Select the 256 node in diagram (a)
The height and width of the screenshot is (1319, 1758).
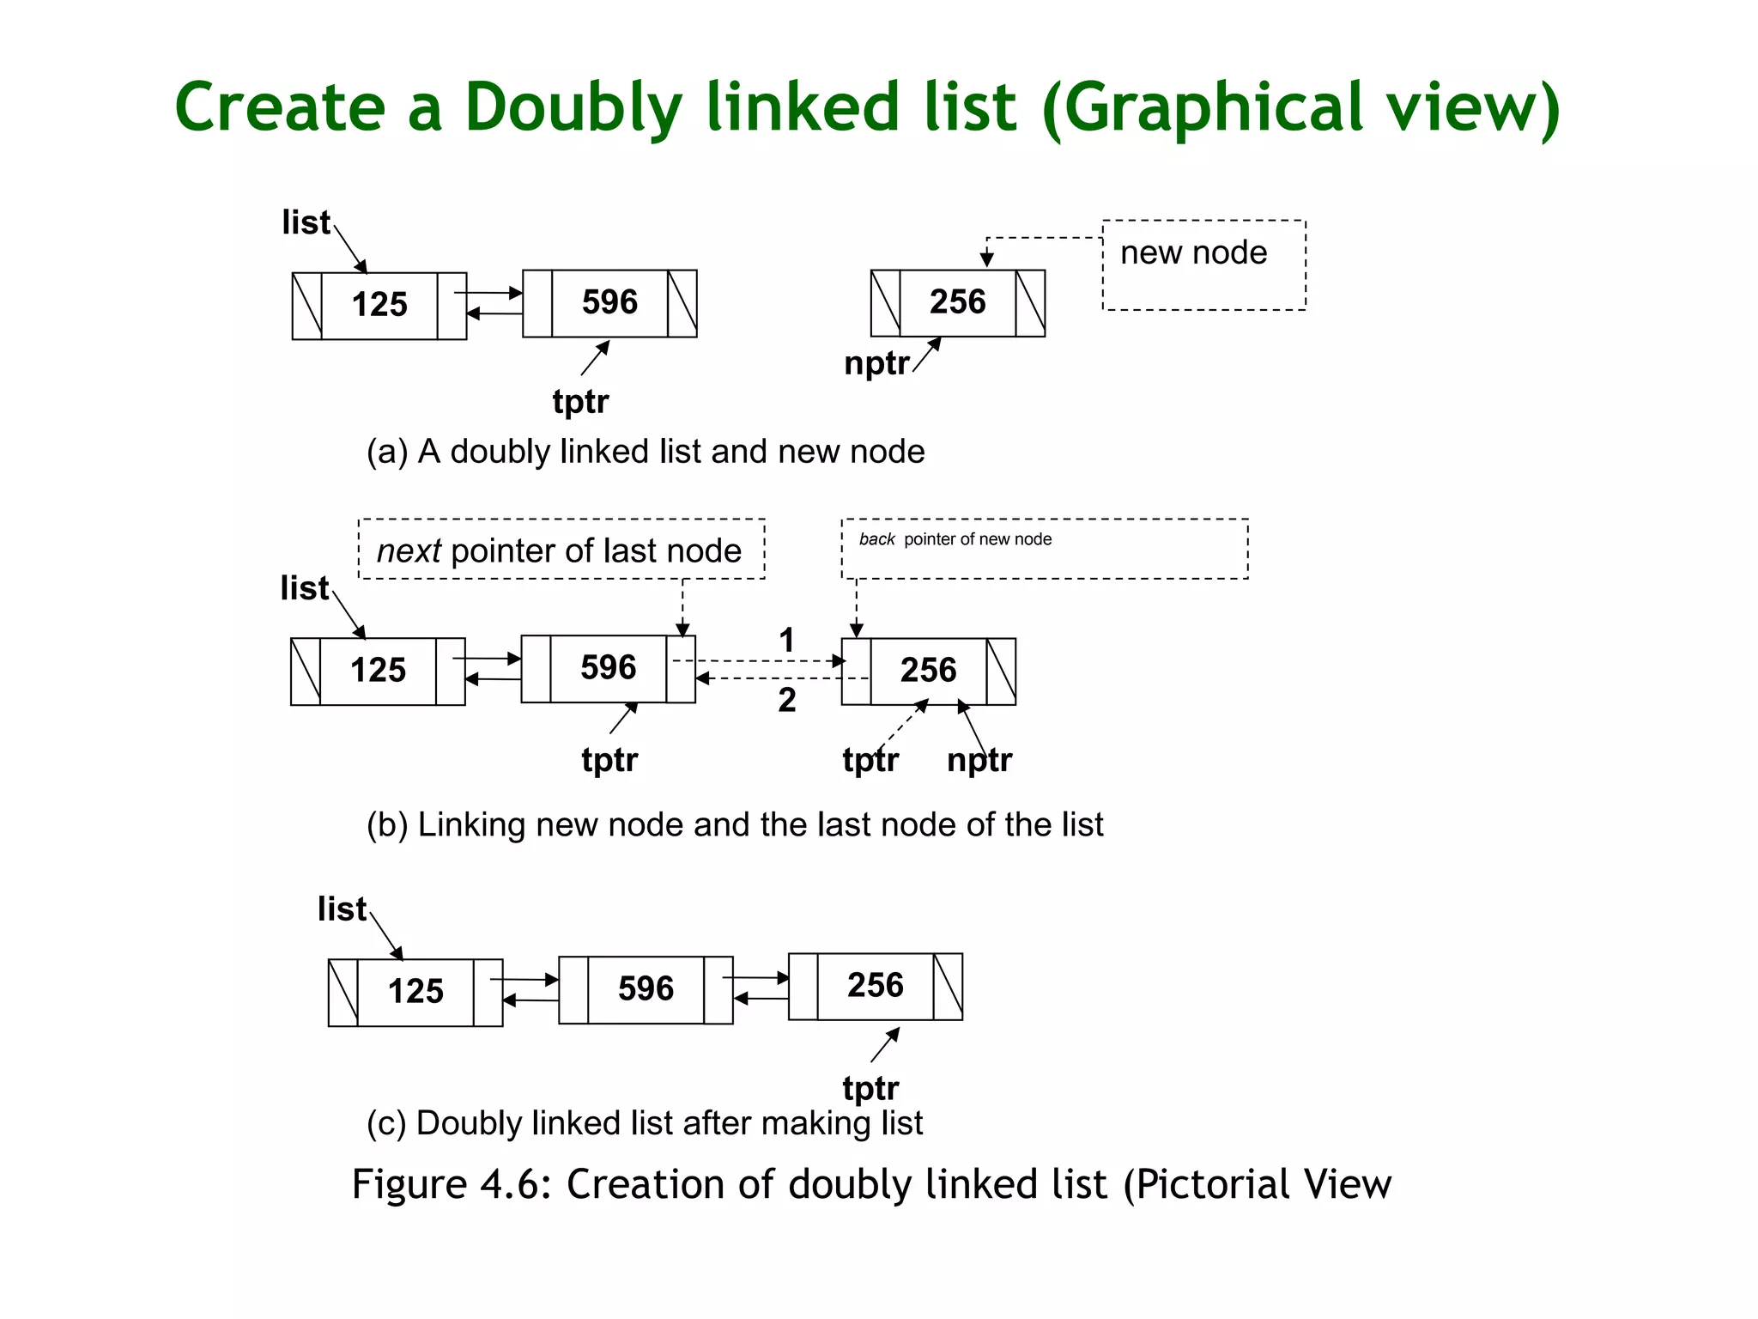957,302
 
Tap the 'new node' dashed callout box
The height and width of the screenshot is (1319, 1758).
1203,264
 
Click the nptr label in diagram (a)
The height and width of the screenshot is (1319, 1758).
876,363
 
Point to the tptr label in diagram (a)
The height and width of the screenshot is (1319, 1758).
580,401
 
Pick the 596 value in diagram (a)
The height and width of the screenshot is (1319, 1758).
609,302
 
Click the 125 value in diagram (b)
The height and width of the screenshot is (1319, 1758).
378,670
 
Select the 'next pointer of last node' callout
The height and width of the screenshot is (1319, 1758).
561,550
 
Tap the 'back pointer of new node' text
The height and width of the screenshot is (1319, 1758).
955,539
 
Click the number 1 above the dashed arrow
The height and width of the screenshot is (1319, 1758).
786,640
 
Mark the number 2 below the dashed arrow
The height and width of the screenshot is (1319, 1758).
786,700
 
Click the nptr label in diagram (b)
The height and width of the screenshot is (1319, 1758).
979,760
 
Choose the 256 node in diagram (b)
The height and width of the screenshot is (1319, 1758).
928,670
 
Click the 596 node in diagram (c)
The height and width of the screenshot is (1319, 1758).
646,988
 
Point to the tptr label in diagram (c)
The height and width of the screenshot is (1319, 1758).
870,1088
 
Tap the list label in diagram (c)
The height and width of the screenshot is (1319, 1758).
342,909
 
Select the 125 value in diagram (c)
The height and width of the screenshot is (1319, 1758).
415,991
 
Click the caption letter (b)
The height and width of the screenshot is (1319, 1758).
386,824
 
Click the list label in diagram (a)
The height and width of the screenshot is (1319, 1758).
306,222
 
